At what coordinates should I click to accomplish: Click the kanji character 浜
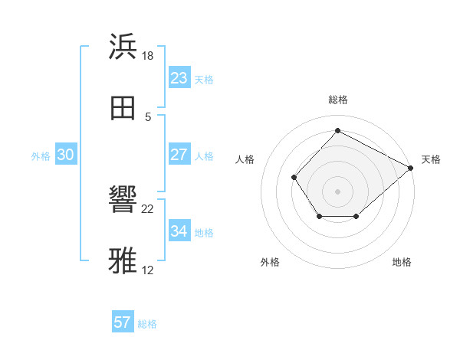[123, 47]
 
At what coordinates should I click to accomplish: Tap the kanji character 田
[123, 108]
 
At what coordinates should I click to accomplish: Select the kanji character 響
[123, 200]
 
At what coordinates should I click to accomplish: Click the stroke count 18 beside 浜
[148, 55]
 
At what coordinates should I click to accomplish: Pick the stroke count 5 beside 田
[148, 116]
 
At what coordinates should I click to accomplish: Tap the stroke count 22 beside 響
[148, 208]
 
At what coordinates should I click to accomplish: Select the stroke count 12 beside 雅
[148, 270]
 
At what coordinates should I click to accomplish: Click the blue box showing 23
[179, 78]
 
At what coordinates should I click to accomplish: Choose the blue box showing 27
[179, 155]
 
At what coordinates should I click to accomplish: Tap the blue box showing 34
[179, 231]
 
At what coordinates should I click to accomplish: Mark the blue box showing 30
[66, 155]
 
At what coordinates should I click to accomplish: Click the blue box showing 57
[123, 322]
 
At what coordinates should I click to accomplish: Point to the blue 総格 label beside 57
[147, 324]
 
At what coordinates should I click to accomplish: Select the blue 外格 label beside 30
[41, 156]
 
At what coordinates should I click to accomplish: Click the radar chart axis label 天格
[431, 159]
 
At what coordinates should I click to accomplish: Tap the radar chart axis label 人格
[245, 159]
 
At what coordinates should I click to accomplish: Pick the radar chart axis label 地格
[402, 262]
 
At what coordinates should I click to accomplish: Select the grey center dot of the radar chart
[338, 191]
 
